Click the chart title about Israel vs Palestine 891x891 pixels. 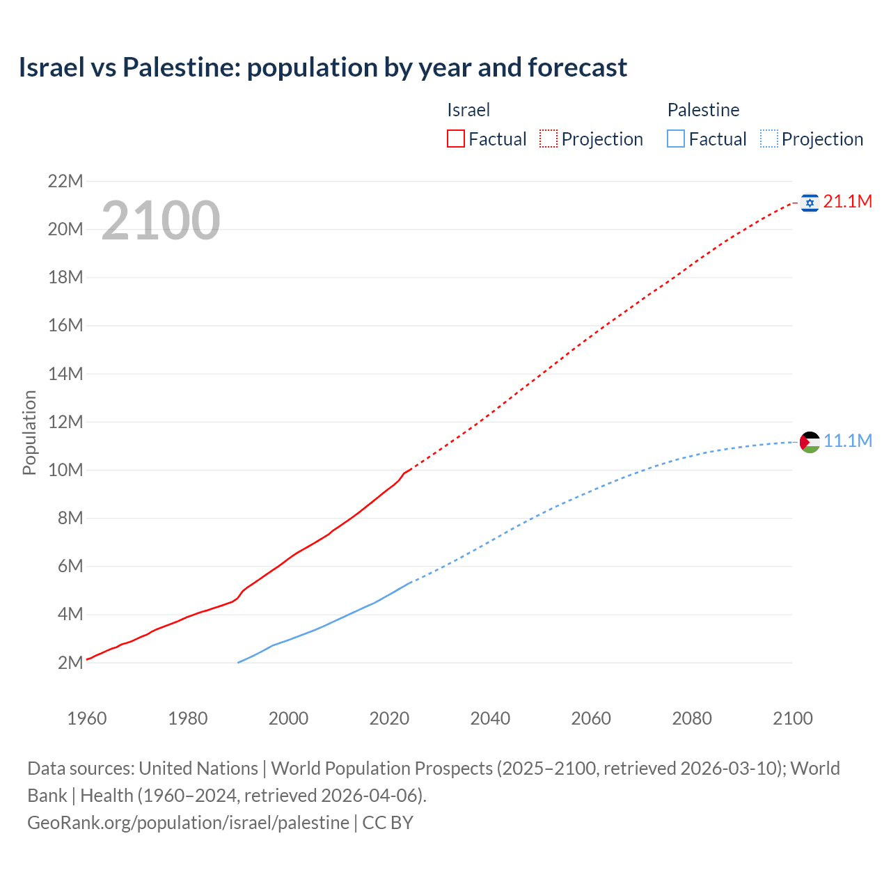coord(322,68)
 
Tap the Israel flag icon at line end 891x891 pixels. coord(809,203)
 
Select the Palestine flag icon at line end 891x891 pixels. coord(810,442)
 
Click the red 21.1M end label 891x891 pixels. coord(847,202)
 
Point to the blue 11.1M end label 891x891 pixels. coord(847,441)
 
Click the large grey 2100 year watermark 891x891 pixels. coord(161,221)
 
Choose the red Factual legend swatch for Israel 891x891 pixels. coord(455,139)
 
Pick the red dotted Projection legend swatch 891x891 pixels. coord(549,139)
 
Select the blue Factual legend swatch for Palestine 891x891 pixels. coord(675,139)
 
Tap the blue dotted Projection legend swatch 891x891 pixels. coord(768,139)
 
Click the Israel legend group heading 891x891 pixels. coord(468,110)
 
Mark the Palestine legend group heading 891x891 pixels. coord(703,110)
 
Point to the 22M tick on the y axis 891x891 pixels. coord(65,182)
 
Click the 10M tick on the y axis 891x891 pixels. coord(65,470)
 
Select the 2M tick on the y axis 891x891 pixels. coord(70,663)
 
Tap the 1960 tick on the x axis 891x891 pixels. coord(87,718)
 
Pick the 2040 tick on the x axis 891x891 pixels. coord(490,718)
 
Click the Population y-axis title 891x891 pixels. coord(29,432)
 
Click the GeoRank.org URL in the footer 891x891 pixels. coord(188,823)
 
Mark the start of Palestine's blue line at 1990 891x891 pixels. coord(238,662)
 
